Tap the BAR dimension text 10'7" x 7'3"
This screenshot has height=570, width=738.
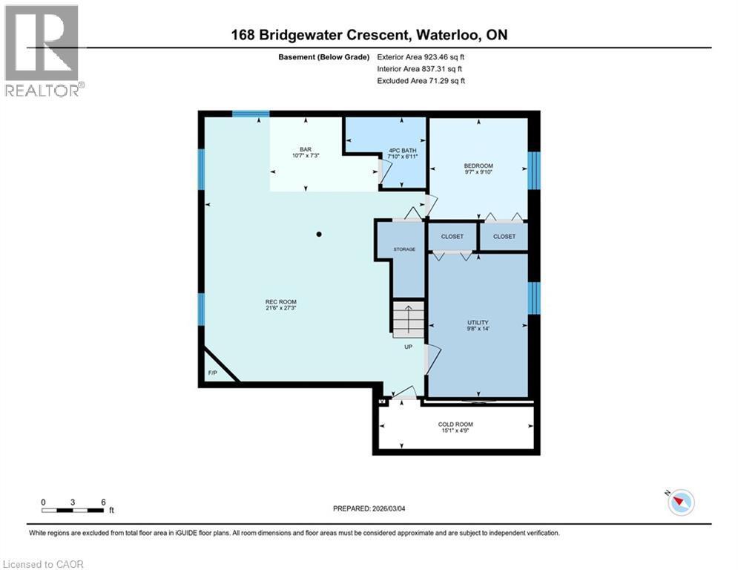tap(305, 156)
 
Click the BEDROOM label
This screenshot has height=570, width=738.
tap(478, 166)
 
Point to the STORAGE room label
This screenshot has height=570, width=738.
tap(405, 249)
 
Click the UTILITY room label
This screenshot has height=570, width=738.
tap(478, 322)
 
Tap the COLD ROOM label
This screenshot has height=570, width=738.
tap(455, 425)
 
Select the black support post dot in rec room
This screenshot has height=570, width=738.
tap(319, 235)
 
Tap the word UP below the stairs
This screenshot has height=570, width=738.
tap(408, 347)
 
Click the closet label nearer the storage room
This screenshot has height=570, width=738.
tap(452, 237)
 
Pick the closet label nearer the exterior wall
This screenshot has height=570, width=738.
tap(504, 237)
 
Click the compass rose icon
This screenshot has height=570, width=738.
tap(680, 502)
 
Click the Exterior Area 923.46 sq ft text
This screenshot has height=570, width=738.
tap(421, 56)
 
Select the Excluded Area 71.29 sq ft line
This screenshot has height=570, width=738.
tap(421, 80)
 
